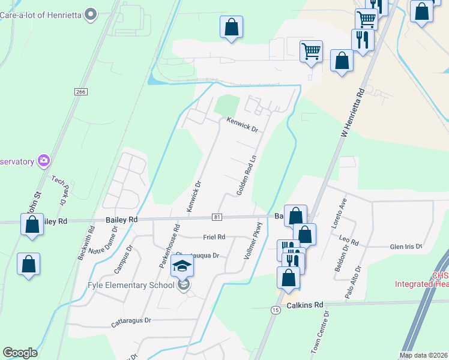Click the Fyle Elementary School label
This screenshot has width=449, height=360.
point(131,285)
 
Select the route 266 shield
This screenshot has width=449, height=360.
point(82,91)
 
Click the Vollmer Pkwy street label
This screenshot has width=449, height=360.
point(253,241)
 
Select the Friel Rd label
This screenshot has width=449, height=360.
point(214,237)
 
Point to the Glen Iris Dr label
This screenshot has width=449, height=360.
point(406,247)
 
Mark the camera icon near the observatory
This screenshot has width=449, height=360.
point(44,160)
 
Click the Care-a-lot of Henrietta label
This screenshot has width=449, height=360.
point(40,13)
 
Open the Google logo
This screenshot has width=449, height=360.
point(20,353)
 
